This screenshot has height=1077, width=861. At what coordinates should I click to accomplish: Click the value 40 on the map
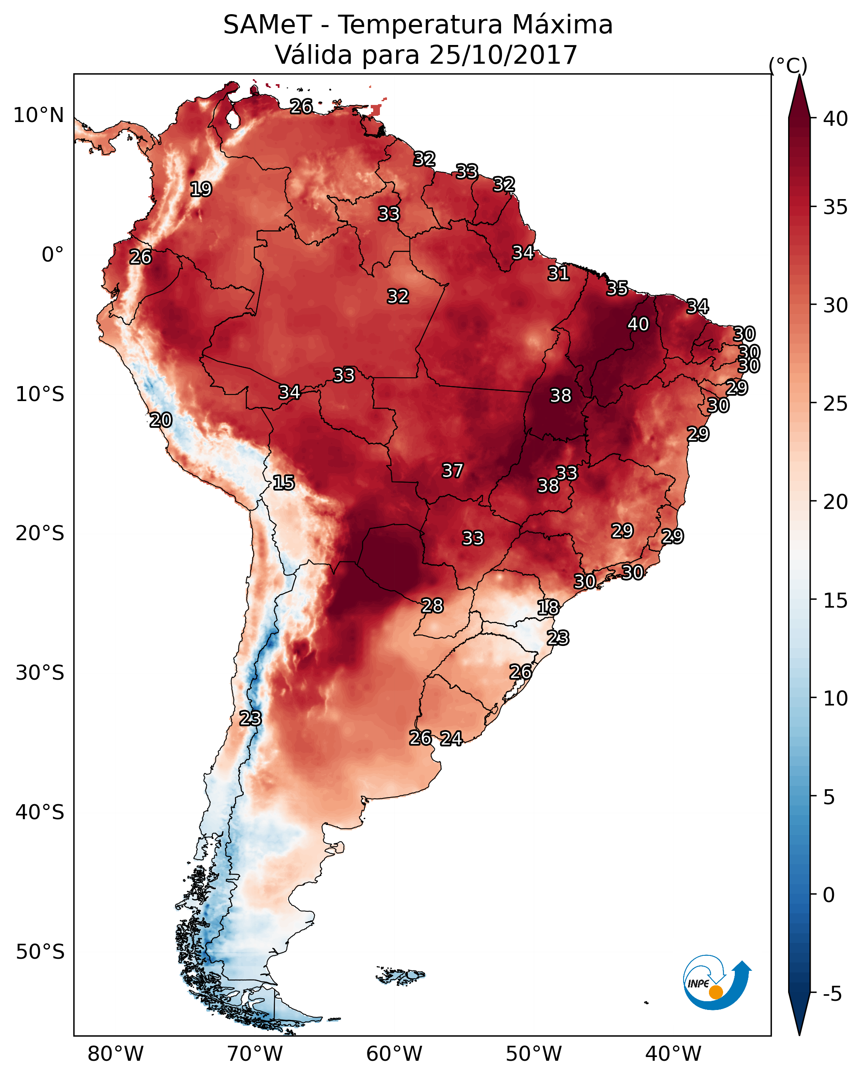pos(638,324)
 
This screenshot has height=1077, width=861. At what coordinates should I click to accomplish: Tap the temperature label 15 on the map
pos(283,483)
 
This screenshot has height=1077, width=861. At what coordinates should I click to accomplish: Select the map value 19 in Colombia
pos(201,189)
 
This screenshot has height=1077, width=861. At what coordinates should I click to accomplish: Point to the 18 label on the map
pos(548,608)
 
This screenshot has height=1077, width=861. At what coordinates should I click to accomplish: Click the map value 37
pos(453,471)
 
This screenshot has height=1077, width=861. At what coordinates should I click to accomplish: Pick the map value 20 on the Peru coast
pos(161,420)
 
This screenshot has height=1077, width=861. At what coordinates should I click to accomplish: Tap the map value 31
pos(558,274)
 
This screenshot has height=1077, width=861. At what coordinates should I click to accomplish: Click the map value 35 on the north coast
pos(617,288)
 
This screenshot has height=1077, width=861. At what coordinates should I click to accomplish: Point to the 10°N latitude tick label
pos(38,115)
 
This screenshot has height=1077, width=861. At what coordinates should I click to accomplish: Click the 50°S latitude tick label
pos(40,952)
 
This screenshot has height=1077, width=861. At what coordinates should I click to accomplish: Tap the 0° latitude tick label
pos(52,255)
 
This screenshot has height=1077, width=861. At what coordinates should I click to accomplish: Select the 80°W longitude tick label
pos(115,1054)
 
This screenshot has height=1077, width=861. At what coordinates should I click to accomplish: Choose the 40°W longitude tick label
pos(673,1054)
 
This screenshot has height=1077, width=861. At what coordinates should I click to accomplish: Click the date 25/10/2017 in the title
pos(503,55)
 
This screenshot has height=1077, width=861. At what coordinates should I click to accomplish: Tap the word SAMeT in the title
pos(267,25)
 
